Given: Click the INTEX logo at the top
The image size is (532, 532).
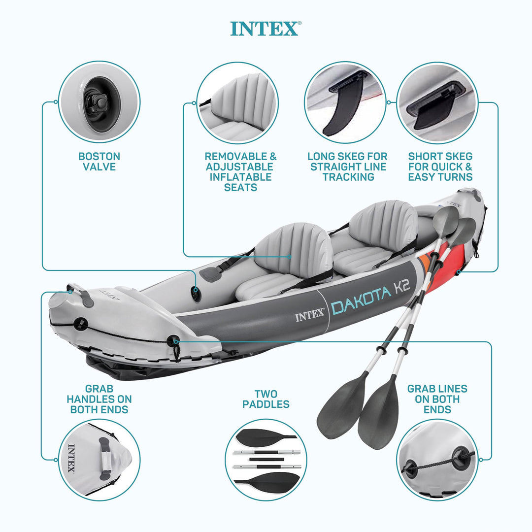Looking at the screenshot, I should [x=265, y=29].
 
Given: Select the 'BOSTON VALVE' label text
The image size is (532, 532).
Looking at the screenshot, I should [x=99, y=162].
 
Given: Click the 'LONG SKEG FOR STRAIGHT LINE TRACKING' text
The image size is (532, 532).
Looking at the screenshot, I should [x=348, y=166].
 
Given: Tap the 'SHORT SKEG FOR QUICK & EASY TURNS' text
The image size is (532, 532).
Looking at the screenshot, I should [x=440, y=166].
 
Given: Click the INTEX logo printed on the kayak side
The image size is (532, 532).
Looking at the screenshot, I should [x=310, y=315].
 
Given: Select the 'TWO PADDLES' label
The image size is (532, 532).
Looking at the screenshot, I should [x=266, y=399].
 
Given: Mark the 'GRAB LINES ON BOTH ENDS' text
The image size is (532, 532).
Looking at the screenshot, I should [x=437, y=399].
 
